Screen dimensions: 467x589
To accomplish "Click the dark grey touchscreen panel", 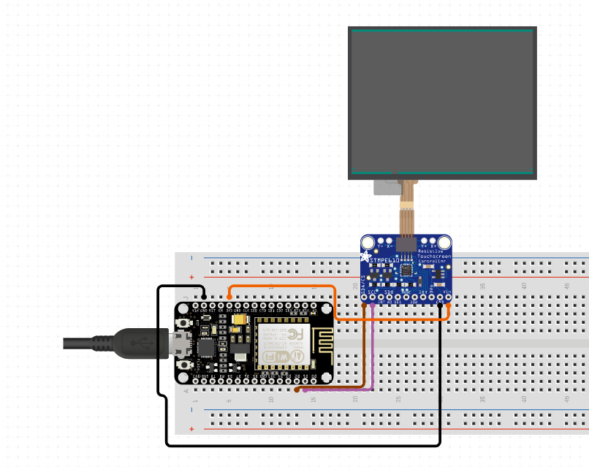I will pos(442,102).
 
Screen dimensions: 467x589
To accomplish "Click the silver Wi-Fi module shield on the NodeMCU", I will pos(281,344).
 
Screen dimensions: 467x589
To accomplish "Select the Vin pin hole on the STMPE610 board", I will pos(448,297).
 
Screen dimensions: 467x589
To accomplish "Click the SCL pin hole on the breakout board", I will pos(373,297).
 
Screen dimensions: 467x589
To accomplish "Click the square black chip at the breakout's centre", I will pos(406,270).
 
